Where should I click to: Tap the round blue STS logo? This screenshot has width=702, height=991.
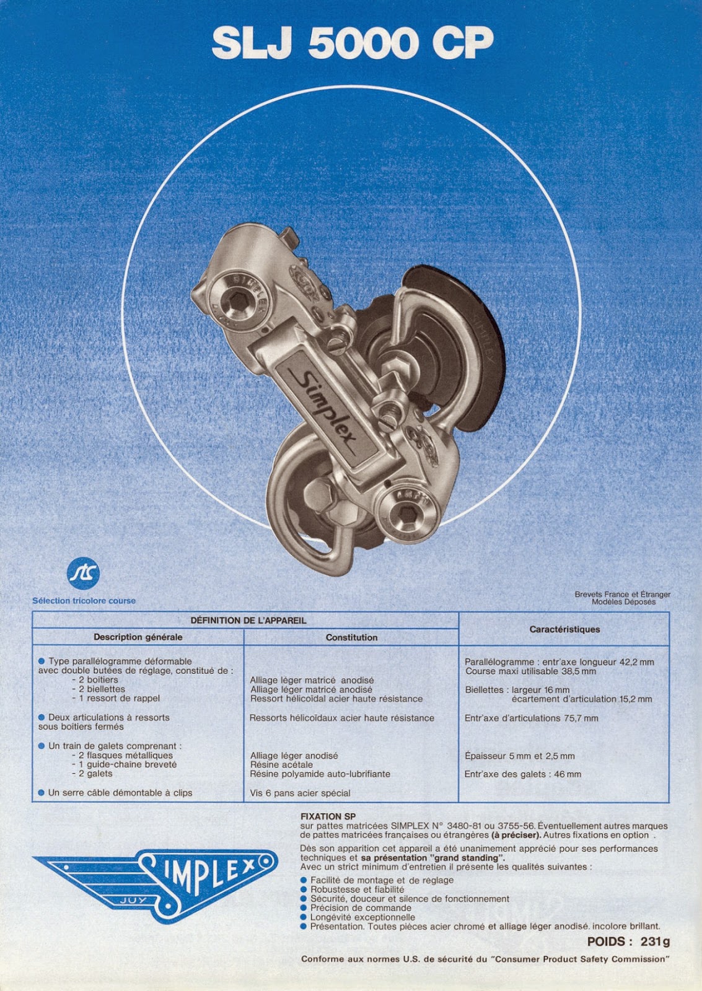pos(83,574)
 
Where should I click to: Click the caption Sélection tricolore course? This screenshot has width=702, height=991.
pos(84,601)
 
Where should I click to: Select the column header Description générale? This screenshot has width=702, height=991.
pos(138,637)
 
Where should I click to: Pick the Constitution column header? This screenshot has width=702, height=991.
pos(351,637)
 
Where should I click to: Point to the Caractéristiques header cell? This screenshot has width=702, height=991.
pos(564,629)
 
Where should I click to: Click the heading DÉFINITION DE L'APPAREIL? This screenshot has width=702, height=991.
pos(248,620)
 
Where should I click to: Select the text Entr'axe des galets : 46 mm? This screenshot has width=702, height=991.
pos(523,774)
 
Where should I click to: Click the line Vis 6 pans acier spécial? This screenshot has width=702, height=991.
pos(300,793)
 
